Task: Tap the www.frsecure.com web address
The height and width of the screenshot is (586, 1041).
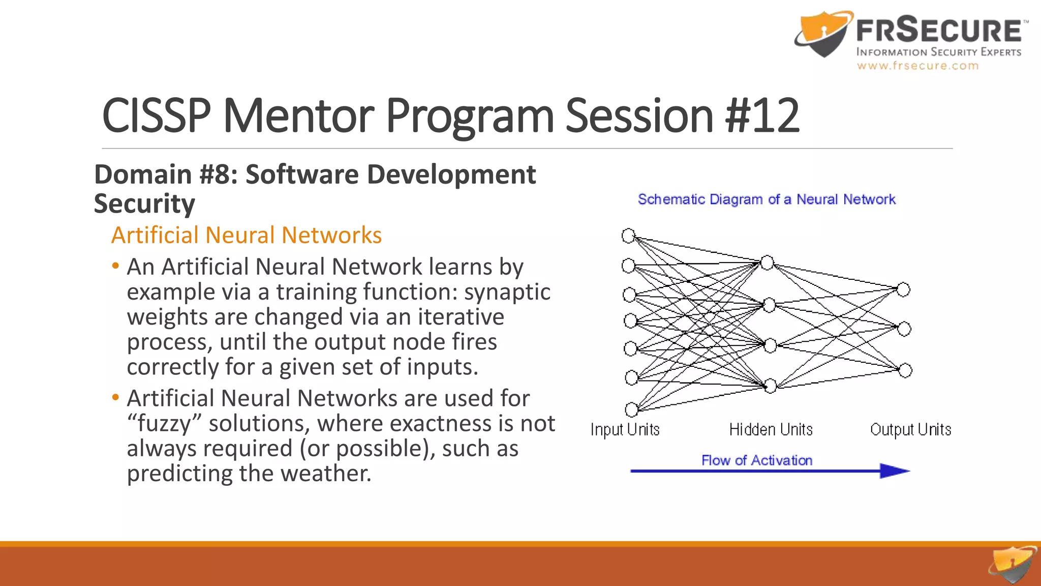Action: tap(917, 66)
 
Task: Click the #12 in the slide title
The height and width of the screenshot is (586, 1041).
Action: tap(762, 116)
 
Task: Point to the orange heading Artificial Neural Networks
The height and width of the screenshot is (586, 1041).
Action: tap(247, 236)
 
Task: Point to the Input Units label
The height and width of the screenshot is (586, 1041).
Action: tap(625, 430)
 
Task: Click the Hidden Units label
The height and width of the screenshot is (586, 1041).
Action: tap(771, 430)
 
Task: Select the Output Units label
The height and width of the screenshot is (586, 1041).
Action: tap(910, 430)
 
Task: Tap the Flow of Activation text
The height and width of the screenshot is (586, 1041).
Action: tap(757, 460)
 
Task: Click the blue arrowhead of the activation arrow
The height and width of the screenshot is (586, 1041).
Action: tap(895, 471)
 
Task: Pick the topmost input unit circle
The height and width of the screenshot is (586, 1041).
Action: tap(628, 236)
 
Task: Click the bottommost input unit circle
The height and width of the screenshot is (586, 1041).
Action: tap(631, 409)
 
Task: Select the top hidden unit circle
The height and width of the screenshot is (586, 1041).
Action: tap(767, 262)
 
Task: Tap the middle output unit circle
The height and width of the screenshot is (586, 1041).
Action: tap(904, 329)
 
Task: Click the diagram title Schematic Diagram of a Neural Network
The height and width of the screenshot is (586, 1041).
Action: tap(767, 199)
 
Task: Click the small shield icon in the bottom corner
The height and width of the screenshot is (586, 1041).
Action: tap(1013, 565)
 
